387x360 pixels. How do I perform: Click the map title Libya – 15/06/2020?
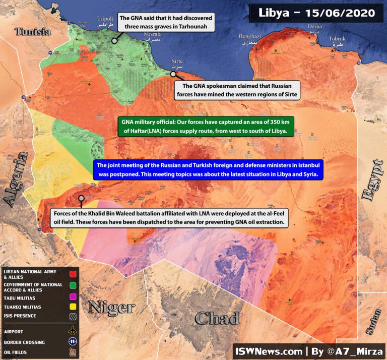pos(317,13)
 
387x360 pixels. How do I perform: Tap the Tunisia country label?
pos(33,32)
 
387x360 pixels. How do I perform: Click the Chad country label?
pos(217,318)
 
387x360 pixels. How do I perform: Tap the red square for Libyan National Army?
pos(73,274)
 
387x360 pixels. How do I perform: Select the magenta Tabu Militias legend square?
pos(73,297)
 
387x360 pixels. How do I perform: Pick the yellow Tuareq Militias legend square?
pos(73,307)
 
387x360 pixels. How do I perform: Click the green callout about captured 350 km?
pos(205,127)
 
